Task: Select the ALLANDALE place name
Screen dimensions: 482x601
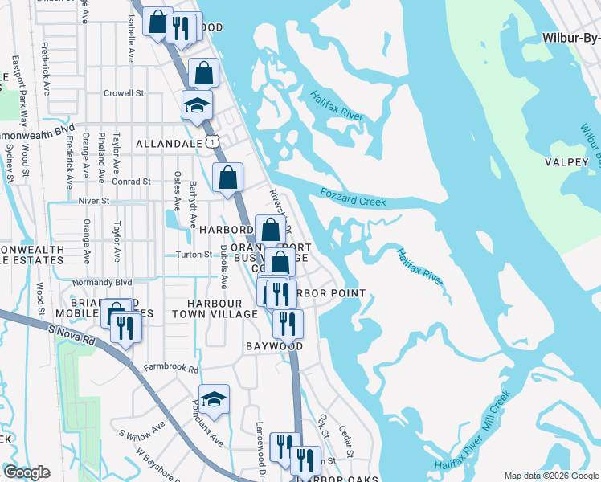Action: coord(168,143)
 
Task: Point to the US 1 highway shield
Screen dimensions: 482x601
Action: coord(211,142)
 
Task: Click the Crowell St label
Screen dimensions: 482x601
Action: coord(123,93)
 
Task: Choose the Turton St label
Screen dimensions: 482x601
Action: coord(193,255)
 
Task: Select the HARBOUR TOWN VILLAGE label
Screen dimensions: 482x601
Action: coord(221,308)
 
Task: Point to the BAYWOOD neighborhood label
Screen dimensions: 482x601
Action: coord(274,346)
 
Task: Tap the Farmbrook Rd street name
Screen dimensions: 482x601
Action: coord(170,368)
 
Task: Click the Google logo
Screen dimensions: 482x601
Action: coord(27,472)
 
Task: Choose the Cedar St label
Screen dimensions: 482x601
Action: coord(345,438)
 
